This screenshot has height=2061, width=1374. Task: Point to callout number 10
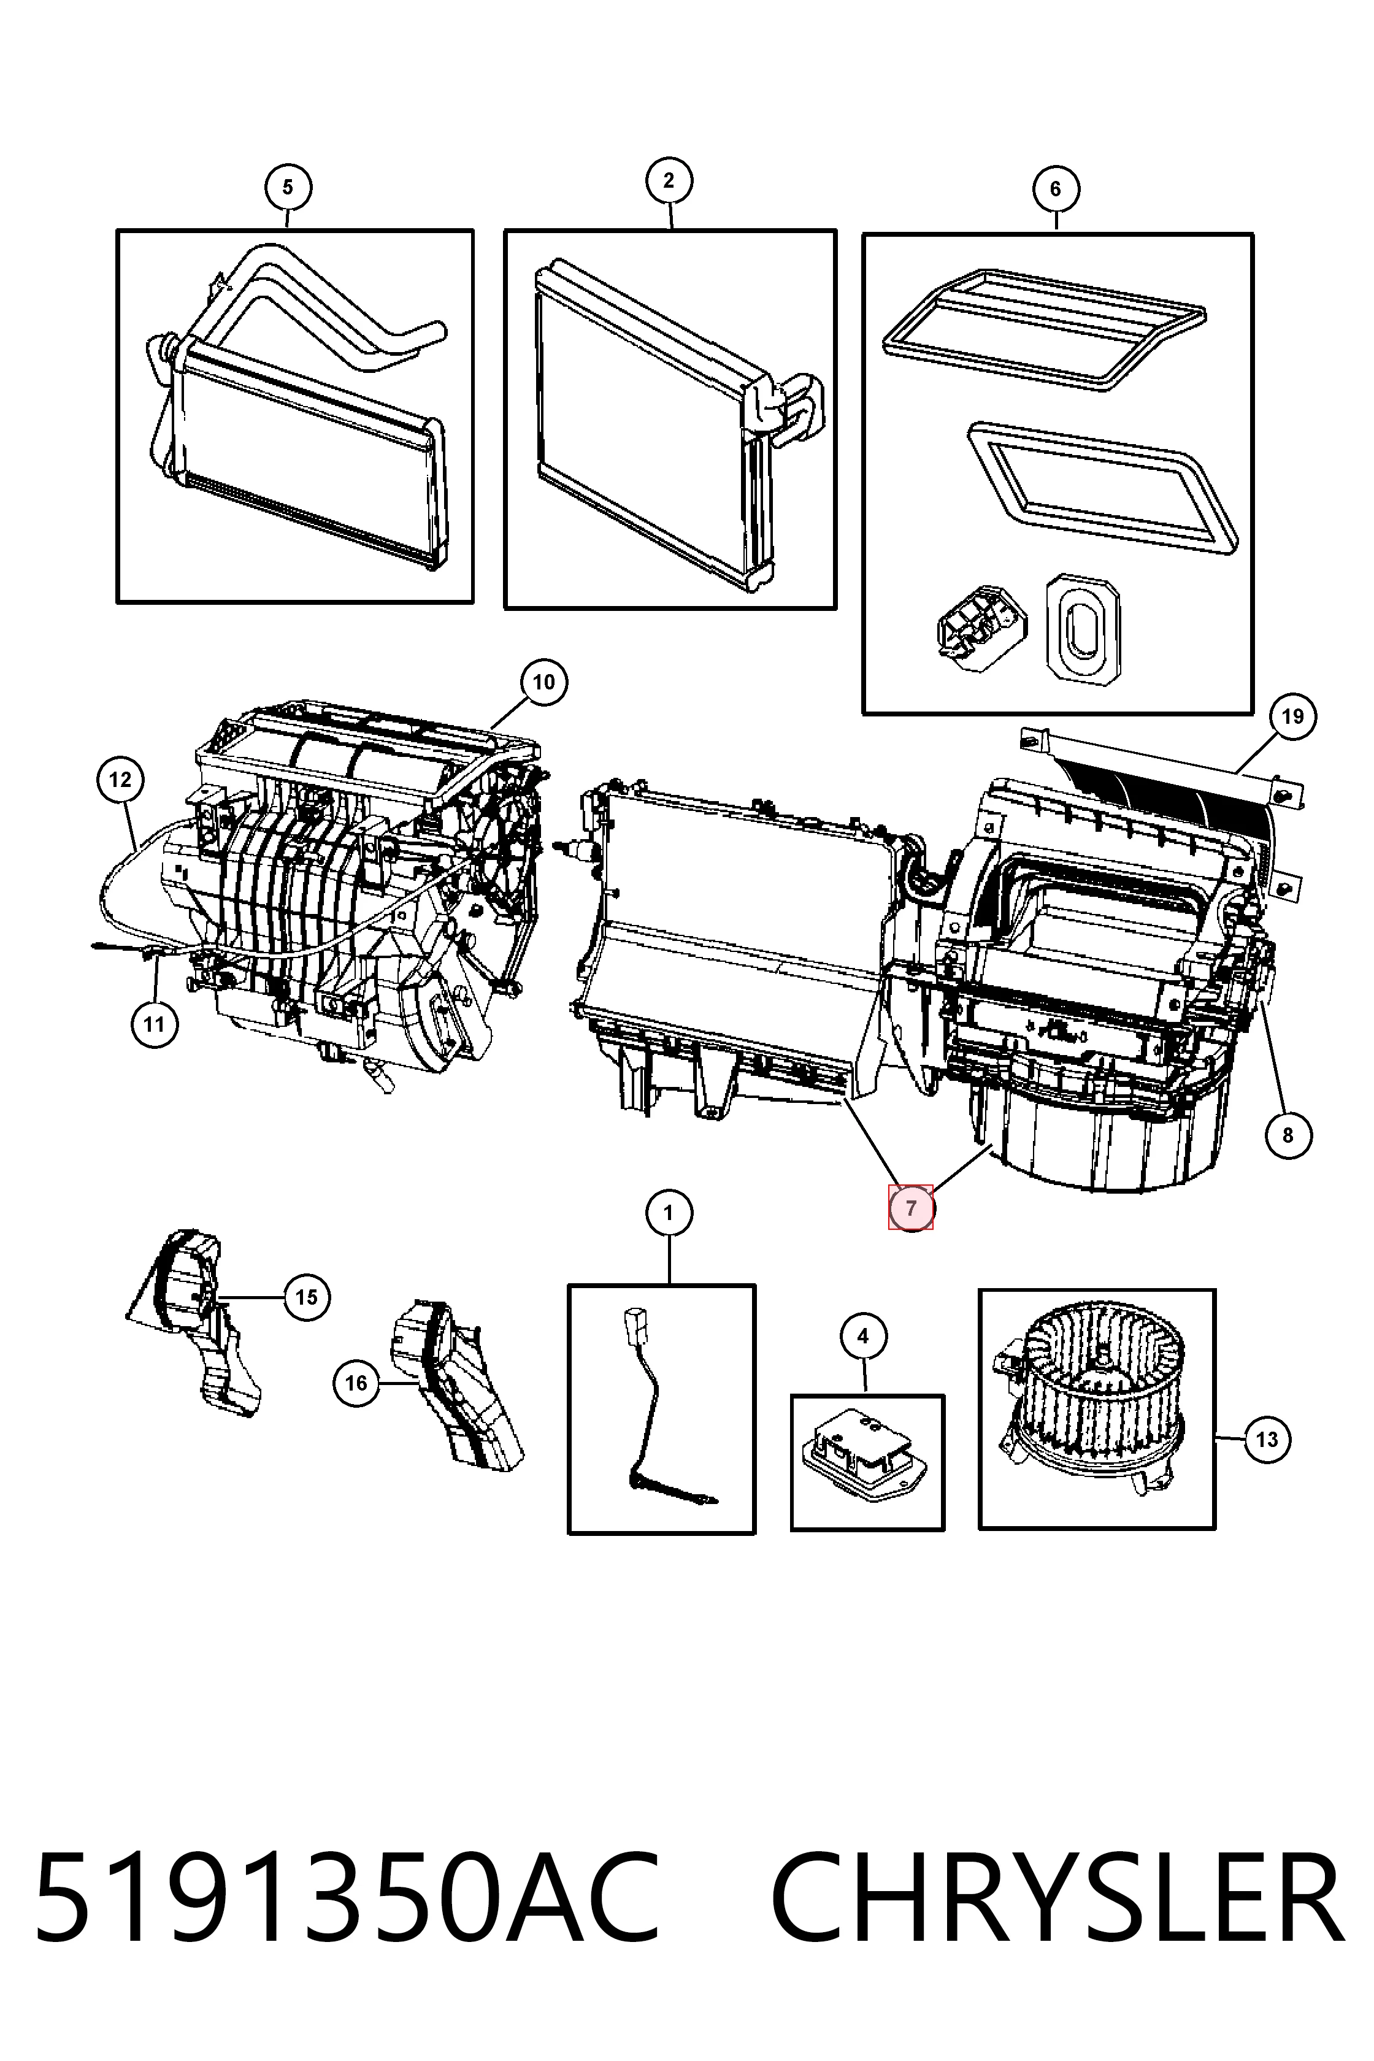pyautogui.click(x=543, y=681)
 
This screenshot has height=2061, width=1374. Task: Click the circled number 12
pyautogui.click(x=120, y=779)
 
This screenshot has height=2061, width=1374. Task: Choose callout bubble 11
pyautogui.click(x=154, y=1024)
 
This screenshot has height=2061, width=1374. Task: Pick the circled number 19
pyautogui.click(x=1292, y=717)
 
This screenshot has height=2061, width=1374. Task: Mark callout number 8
pyautogui.click(x=1288, y=1135)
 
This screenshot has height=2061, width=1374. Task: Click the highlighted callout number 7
pyautogui.click(x=912, y=1208)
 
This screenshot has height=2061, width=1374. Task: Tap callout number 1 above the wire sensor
pyautogui.click(x=669, y=1214)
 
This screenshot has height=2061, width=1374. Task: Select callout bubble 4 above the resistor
pyautogui.click(x=863, y=1337)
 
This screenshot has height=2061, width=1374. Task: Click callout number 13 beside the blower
pyautogui.click(x=1267, y=1439)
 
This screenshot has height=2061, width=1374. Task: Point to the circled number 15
pyautogui.click(x=307, y=1297)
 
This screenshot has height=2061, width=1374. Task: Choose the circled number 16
pyautogui.click(x=356, y=1383)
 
